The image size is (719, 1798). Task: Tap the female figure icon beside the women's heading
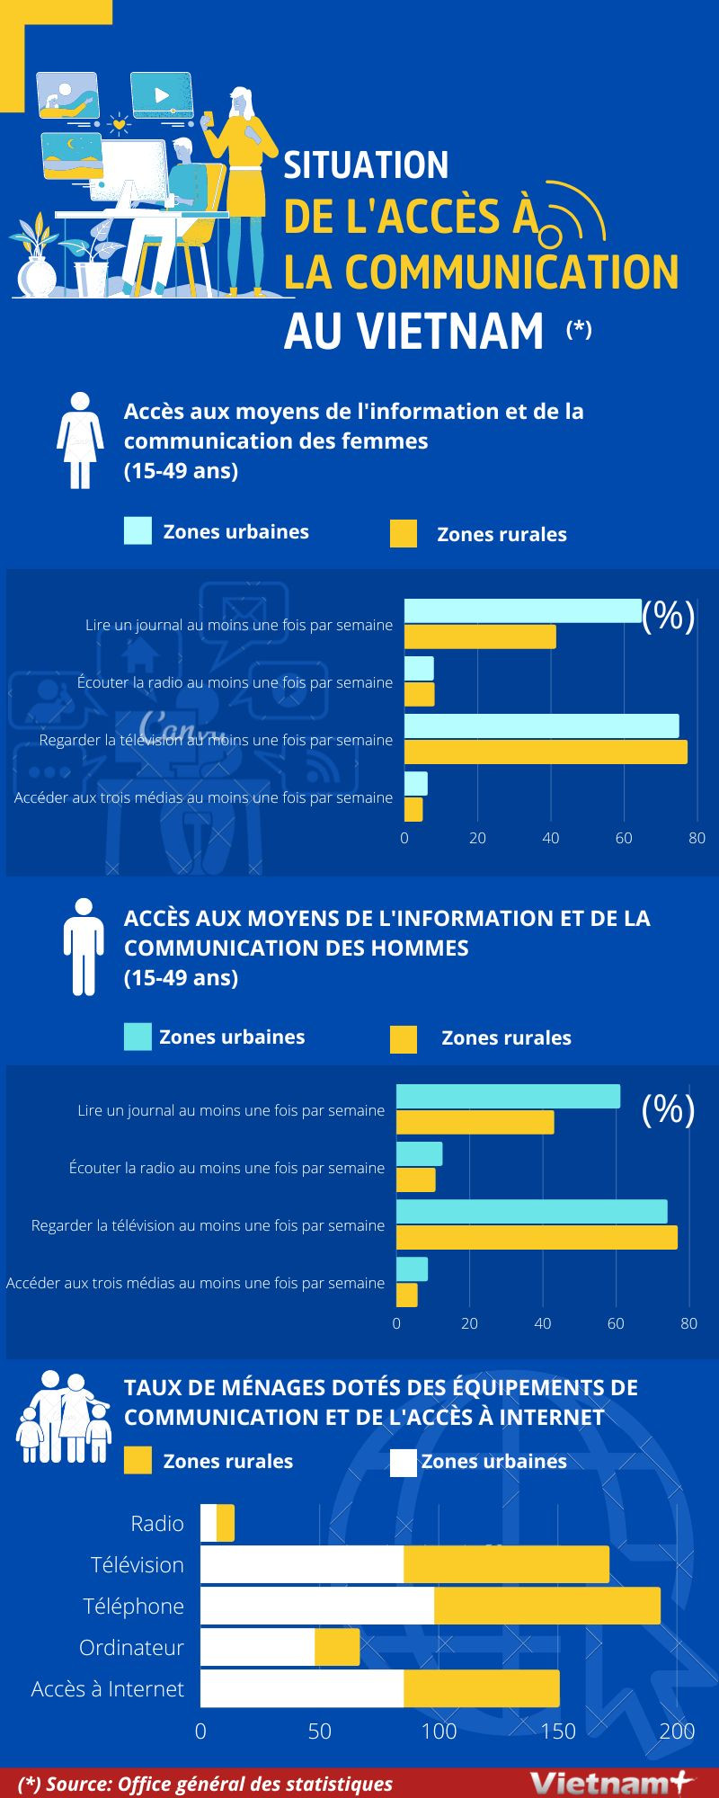point(81,440)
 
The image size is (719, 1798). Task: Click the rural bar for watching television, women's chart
point(546,752)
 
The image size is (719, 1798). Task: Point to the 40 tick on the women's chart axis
point(550,838)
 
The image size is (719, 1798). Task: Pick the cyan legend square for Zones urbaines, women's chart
point(138,531)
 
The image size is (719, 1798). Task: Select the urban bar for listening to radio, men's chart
point(420,1154)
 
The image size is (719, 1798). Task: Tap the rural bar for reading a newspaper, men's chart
point(475,1123)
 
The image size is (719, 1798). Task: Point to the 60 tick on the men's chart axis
point(616,1323)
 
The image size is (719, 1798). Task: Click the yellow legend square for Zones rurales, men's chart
point(404,1039)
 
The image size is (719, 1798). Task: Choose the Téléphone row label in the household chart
point(134,1607)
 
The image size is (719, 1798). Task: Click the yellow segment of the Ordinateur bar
point(337,1647)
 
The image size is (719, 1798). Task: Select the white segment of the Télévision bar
point(302,1565)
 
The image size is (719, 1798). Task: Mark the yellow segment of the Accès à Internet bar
point(482,1689)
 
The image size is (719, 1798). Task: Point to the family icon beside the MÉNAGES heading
point(63,1418)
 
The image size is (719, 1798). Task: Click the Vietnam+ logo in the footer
point(612,1782)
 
